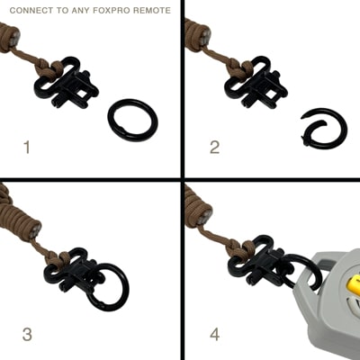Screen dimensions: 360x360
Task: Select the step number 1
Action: click(26, 147)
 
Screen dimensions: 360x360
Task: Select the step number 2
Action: click(214, 147)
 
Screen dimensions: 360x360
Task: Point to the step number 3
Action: click(27, 335)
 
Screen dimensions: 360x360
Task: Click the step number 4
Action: click(214, 335)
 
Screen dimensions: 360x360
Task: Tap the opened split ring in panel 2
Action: click(322, 128)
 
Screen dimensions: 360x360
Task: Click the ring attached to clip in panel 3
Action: click(106, 286)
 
